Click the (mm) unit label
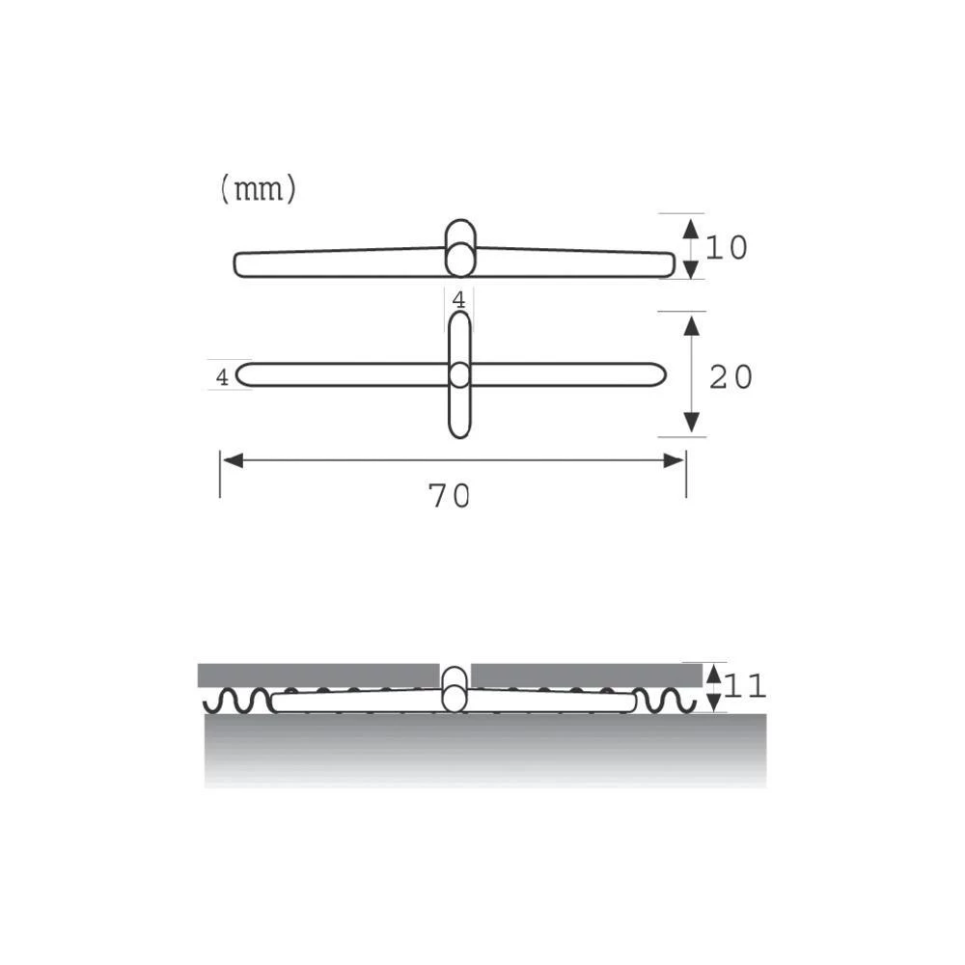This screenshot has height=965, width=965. pos(258,190)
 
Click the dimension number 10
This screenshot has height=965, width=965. pos(726,248)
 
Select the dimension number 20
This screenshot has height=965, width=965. pos(731,377)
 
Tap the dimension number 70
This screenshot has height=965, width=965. pos(449,496)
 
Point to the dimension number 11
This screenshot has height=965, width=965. pos(745,687)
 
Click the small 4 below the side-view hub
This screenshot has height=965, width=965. pos(459,300)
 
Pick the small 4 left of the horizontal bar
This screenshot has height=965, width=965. pos(222,377)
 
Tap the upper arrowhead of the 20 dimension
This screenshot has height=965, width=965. pos(691,325)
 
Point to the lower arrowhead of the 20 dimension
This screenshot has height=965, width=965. pos(691,422)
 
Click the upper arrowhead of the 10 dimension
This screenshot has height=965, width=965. pos(690,229)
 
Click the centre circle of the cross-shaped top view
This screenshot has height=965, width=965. pos(459,374)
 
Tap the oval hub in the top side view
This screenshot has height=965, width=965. pos(460,247)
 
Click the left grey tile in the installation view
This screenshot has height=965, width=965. pos(318,675)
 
